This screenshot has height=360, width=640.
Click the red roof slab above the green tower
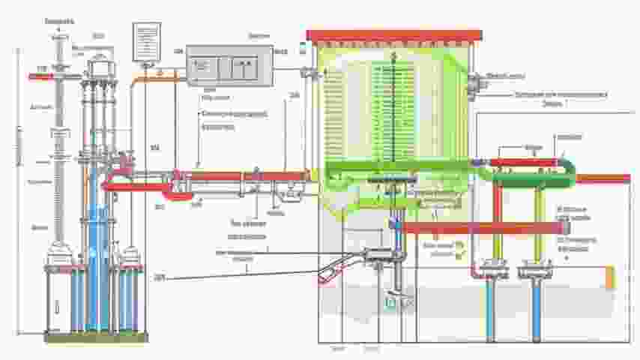point(394,35)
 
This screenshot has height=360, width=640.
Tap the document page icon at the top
point(146,40)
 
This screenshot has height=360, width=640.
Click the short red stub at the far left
point(39,76)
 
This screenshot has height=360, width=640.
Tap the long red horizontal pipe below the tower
point(480,227)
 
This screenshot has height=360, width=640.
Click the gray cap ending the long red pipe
point(564,227)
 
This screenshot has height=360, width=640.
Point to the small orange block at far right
point(609,277)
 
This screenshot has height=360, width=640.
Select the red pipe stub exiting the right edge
point(603,178)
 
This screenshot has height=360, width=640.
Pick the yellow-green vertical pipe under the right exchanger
point(539,225)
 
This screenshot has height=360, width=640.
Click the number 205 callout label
point(160,278)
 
